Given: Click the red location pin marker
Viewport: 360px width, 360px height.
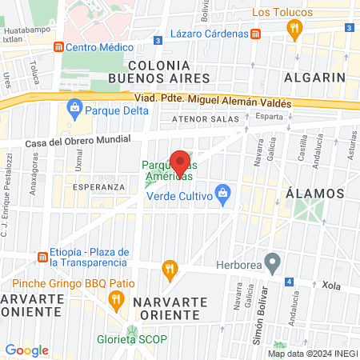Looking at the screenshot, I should pyautogui.click(x=180, y=163).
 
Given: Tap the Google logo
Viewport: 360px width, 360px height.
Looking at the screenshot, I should pyautogui.click(x=26, y=350).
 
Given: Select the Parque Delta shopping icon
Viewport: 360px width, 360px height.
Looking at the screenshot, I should pyautogui.click(x=74, y=106).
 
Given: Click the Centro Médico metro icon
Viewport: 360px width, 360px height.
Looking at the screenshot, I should pyautogui.click(x=58, y=47).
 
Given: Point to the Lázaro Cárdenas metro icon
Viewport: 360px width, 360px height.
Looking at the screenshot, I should pyautogui.click(x=255, y=34).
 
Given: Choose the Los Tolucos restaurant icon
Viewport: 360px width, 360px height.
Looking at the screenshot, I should pyautogui.click(x=294, y=30).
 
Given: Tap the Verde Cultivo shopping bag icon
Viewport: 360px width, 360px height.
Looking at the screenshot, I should pyautogui.click(x=223, y=194).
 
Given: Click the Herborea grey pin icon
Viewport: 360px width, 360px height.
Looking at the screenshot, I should pyautogui.click(x=272, y=261).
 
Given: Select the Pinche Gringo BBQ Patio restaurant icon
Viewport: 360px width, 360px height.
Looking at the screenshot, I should pyautogui.click(x=115, y=300).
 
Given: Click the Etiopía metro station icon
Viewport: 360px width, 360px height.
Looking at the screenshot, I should pyautogui.click(x=42, y=257).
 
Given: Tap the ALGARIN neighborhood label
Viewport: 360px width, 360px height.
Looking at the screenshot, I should pyautogui.click(x=314, y=78).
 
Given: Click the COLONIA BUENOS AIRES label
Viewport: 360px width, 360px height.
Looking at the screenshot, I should pyautogui.click(x=163, y=71).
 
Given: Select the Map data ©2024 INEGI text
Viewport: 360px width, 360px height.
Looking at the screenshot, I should pyautogui.click(x=313, y=353).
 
